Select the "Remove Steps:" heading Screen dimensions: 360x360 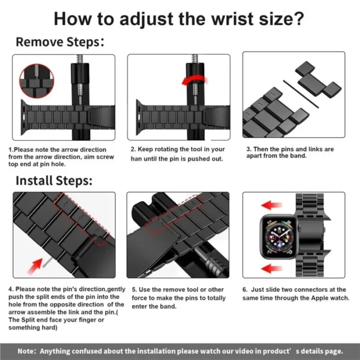(x=60, y=42)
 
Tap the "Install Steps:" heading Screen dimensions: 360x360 (x=53, y=181)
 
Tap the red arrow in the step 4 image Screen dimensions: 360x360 (x=36, y=265)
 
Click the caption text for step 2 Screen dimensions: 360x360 (x=177, y=154)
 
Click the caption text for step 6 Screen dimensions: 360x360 (x=294, y=294)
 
